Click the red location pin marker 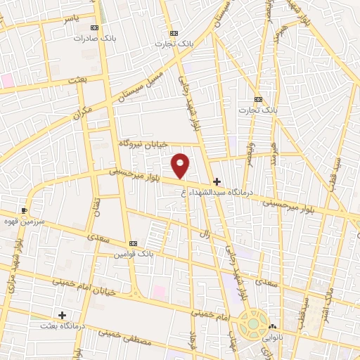(181, 165)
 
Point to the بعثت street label (77, 81)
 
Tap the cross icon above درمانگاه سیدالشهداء (217, 181)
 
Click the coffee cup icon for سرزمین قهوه (25, 210)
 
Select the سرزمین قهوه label (24, 220)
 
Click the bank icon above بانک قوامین (133, 243)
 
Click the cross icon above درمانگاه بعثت (62, 315)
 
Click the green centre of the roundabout (250, 325)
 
